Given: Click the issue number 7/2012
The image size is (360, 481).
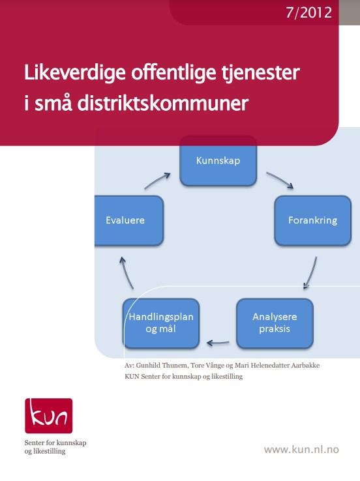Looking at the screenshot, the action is [308, 13].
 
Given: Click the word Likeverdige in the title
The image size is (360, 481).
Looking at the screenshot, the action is [75, 73].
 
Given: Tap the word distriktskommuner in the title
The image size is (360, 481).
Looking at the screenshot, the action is [162, 104].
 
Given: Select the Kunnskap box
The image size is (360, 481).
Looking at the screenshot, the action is [218, 161].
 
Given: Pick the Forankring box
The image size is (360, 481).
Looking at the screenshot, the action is [313, 220].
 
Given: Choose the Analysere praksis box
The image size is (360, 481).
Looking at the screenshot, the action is [275, 323].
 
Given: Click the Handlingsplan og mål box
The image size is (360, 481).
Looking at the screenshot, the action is [161, 323].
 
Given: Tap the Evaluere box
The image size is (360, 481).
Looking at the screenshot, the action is [129, 220].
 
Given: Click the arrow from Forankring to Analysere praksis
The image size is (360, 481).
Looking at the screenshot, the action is [311, 274].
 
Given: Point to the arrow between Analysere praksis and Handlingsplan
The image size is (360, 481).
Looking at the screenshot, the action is [218, 343].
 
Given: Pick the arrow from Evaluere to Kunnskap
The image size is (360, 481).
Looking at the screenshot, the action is [157, 180].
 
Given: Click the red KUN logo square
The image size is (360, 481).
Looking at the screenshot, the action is [49, 416].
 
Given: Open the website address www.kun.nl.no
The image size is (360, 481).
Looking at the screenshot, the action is [301, 450].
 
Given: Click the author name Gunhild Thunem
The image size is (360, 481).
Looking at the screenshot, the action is [162, 366].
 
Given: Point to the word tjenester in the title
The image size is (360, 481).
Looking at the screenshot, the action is [261, 73].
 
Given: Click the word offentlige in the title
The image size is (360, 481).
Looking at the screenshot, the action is [173, 73].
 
